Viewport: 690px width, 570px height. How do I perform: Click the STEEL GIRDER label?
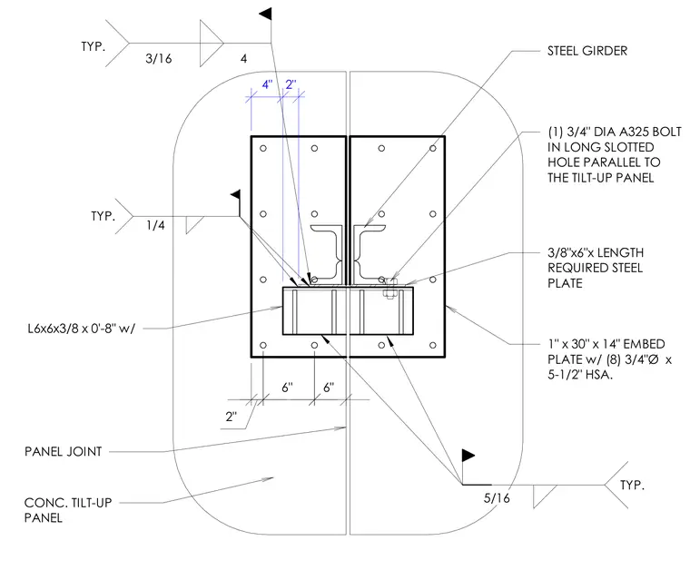pos(587,51)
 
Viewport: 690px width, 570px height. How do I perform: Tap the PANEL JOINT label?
pos(63,452)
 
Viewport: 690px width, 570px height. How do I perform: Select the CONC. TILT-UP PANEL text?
pos(68,510)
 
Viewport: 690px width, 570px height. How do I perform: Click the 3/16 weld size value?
pos(158,58)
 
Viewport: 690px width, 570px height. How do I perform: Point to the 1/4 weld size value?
pos(155,226)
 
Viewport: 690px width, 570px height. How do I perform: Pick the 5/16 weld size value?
pos(497,498)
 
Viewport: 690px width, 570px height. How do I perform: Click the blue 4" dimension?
pos(267,84)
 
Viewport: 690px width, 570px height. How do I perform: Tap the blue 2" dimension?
pos(291,84)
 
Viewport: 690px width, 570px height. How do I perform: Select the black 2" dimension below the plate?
pos(231,417)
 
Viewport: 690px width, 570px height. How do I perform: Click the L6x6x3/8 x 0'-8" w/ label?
pos(82,329)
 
